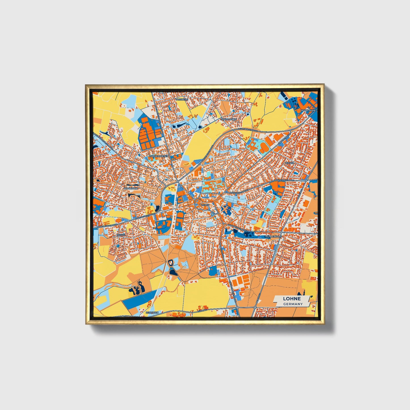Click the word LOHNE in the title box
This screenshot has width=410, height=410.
click(x=292, y=299)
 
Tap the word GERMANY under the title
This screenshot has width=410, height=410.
click(x=293, y=304)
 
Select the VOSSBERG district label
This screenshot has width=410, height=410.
click(x=182, y=100)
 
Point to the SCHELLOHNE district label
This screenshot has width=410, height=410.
click(x=228, y=119)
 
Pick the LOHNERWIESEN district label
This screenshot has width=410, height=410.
click(x=159, y=156)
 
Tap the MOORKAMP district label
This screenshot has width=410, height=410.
click(x=131, y=188)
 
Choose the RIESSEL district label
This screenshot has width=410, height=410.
click(x=121, y=235)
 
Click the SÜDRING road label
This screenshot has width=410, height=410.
click(x=202, y=311)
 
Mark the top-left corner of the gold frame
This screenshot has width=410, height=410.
click(x=86, y=85)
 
